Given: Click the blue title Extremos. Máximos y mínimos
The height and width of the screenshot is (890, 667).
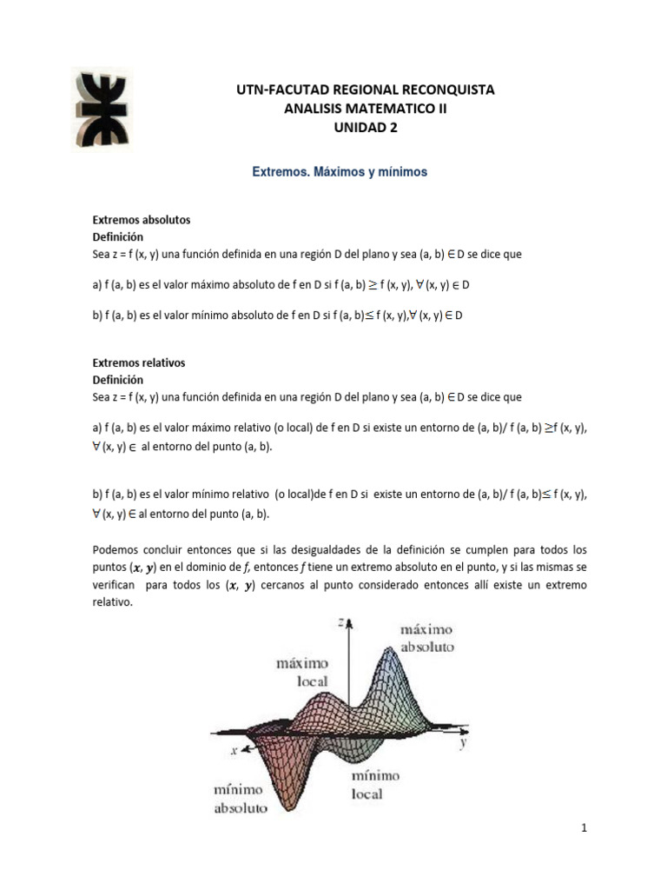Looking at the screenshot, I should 340,172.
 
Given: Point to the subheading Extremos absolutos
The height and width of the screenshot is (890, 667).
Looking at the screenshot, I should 142,220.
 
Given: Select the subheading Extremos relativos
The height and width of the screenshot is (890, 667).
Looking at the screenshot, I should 139,362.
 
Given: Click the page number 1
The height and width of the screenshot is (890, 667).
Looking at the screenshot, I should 585,828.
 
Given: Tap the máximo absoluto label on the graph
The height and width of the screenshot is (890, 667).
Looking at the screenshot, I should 426,638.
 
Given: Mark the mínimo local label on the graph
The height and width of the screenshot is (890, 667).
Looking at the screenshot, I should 376,784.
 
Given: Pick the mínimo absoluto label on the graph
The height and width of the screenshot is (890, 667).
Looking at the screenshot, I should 241,800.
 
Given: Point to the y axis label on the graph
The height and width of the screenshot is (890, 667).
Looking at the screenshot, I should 465,743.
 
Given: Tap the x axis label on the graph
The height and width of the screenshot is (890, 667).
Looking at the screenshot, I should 234,749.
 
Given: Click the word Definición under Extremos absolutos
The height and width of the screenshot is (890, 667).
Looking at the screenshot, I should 118,236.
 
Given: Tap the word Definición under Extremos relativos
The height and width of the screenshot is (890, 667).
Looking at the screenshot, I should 118,380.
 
